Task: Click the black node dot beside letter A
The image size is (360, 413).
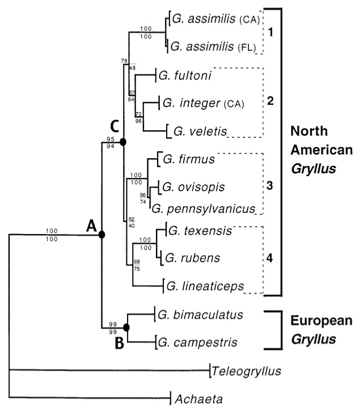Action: [102, 235]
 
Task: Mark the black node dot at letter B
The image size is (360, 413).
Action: [126, 327]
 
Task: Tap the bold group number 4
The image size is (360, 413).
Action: [270, 258]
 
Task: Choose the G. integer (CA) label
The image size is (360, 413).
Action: [202, 104]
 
